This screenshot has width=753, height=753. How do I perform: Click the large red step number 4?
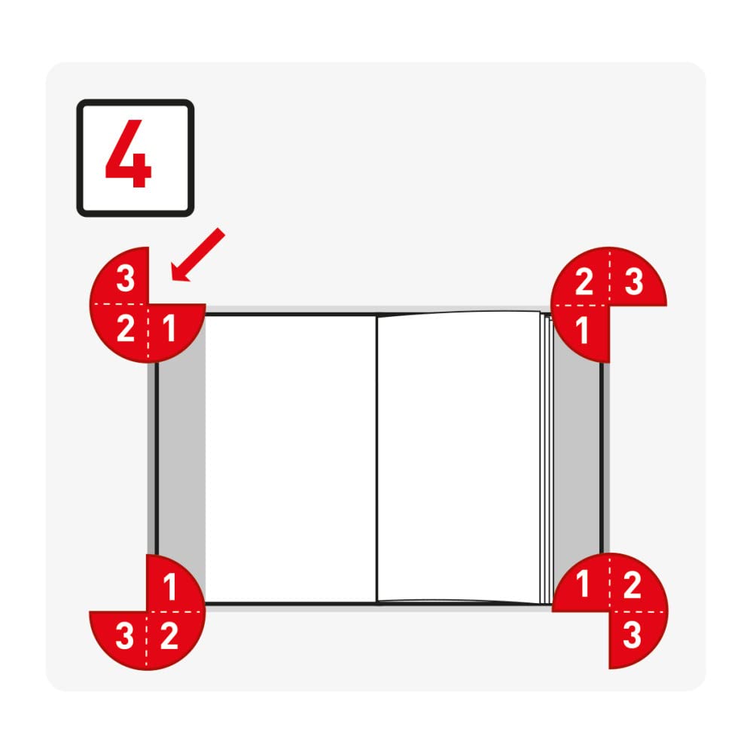point(129,154)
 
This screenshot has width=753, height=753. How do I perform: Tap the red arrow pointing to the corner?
point(197,255)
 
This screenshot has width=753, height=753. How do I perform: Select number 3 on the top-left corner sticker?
point(125,279)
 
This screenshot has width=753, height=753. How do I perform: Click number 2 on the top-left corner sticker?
point(125,328)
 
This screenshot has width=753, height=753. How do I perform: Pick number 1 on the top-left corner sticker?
point(169,328)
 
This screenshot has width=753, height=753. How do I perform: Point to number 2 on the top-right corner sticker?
point(584,282)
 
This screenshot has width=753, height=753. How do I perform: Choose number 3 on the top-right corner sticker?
point(634,282)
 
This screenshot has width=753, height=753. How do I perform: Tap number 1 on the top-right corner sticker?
point(581,331)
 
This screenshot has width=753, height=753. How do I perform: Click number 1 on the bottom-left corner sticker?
point(169,587)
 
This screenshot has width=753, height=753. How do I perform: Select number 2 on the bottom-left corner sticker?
point(169,636)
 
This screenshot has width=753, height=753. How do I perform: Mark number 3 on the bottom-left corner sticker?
point(125,636)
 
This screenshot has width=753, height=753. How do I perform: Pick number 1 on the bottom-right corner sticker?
point(583,584)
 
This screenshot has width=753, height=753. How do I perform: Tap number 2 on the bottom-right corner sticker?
point(632,585)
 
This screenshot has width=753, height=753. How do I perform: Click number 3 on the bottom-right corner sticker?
point(632,635)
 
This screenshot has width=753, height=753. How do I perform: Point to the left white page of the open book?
point(291,459)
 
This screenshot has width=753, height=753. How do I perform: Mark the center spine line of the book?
point(377,459)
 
